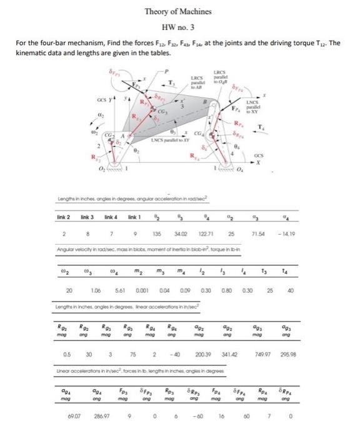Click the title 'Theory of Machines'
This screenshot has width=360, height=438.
click(178, 11)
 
